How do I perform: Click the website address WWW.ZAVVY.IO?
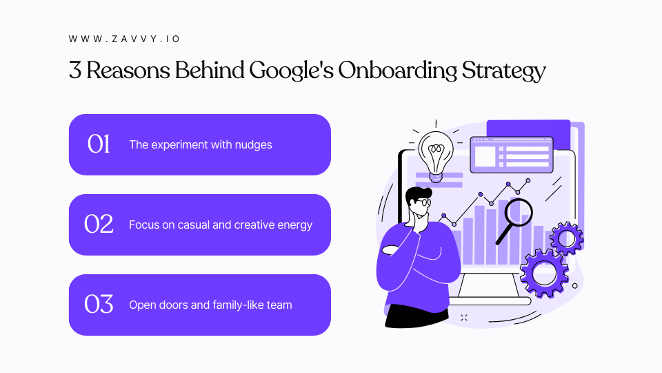click(x=124, y=39)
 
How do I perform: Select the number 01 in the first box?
click(x=99, y=144)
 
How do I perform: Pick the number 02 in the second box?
click(x=99, y=224)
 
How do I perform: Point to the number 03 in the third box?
click(x=99, y=305)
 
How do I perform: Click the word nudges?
click(x=254, y=145)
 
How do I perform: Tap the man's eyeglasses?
click(x=423, y=202)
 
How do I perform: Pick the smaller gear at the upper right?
click(x=567, y=239)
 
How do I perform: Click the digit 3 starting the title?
click(x=74, y=71)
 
